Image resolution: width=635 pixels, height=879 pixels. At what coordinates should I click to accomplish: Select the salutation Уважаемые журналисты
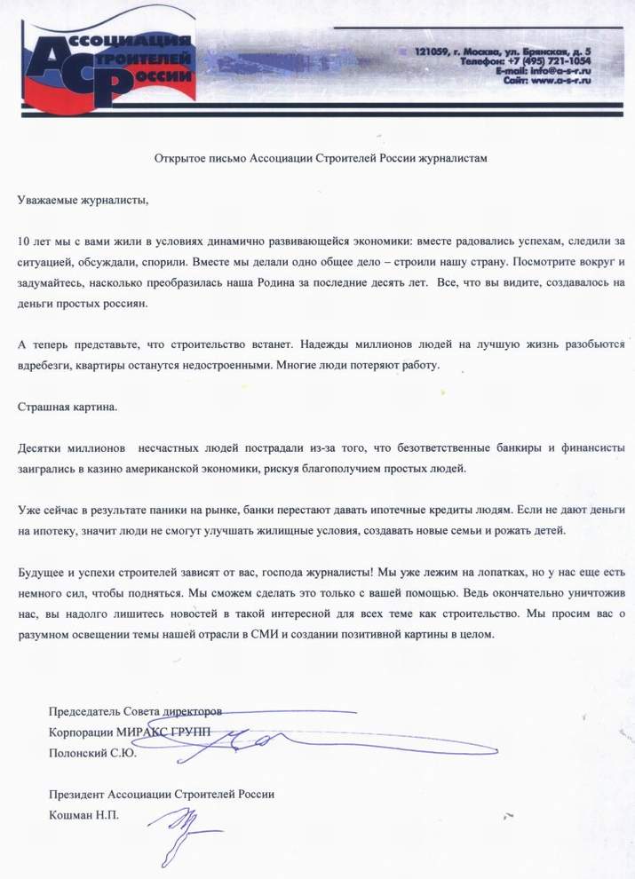click(x=83, y=199)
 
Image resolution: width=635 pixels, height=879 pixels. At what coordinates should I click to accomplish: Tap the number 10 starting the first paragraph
click(x=24, y=241)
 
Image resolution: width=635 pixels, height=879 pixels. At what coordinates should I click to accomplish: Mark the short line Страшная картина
click(x=67, y=407)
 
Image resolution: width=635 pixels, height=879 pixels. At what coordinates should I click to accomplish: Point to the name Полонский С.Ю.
click(x=92, y=754)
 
